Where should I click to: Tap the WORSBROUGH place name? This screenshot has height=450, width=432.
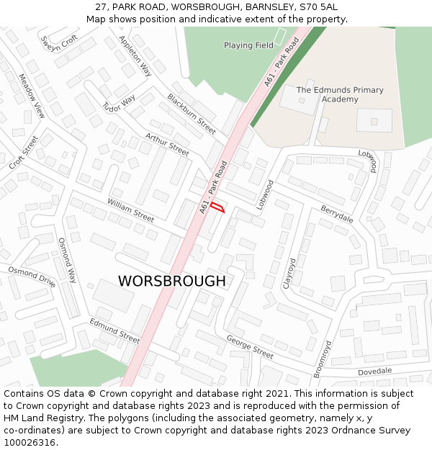click(x=171, y=281)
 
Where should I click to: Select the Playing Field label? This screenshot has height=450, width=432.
click(x=248, y=45)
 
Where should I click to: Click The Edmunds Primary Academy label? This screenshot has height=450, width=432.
click(x=340, y=94)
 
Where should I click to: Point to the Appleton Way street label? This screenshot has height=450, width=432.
click(x=135, y=56)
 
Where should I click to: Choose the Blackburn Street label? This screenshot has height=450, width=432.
click(x=192, y=114)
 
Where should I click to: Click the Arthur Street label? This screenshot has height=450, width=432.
click(x=167, y=144)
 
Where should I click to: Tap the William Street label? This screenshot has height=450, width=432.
click(x=130, y=210)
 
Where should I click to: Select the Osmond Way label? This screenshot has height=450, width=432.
click(x=67, y=260)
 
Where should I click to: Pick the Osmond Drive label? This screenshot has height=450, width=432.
click(x=32, y=276)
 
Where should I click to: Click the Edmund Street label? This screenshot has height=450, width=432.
click(x=114, y=330)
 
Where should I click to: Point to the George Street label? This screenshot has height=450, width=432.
click(x=250, y=346)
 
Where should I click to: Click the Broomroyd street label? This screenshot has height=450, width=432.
click(x=322, y=358)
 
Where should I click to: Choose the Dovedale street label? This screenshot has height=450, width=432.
click(x=375, y=370)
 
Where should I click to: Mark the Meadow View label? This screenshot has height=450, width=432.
click(x=32, y=96)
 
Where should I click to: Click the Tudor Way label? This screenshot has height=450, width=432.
click(x=119, y=104)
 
